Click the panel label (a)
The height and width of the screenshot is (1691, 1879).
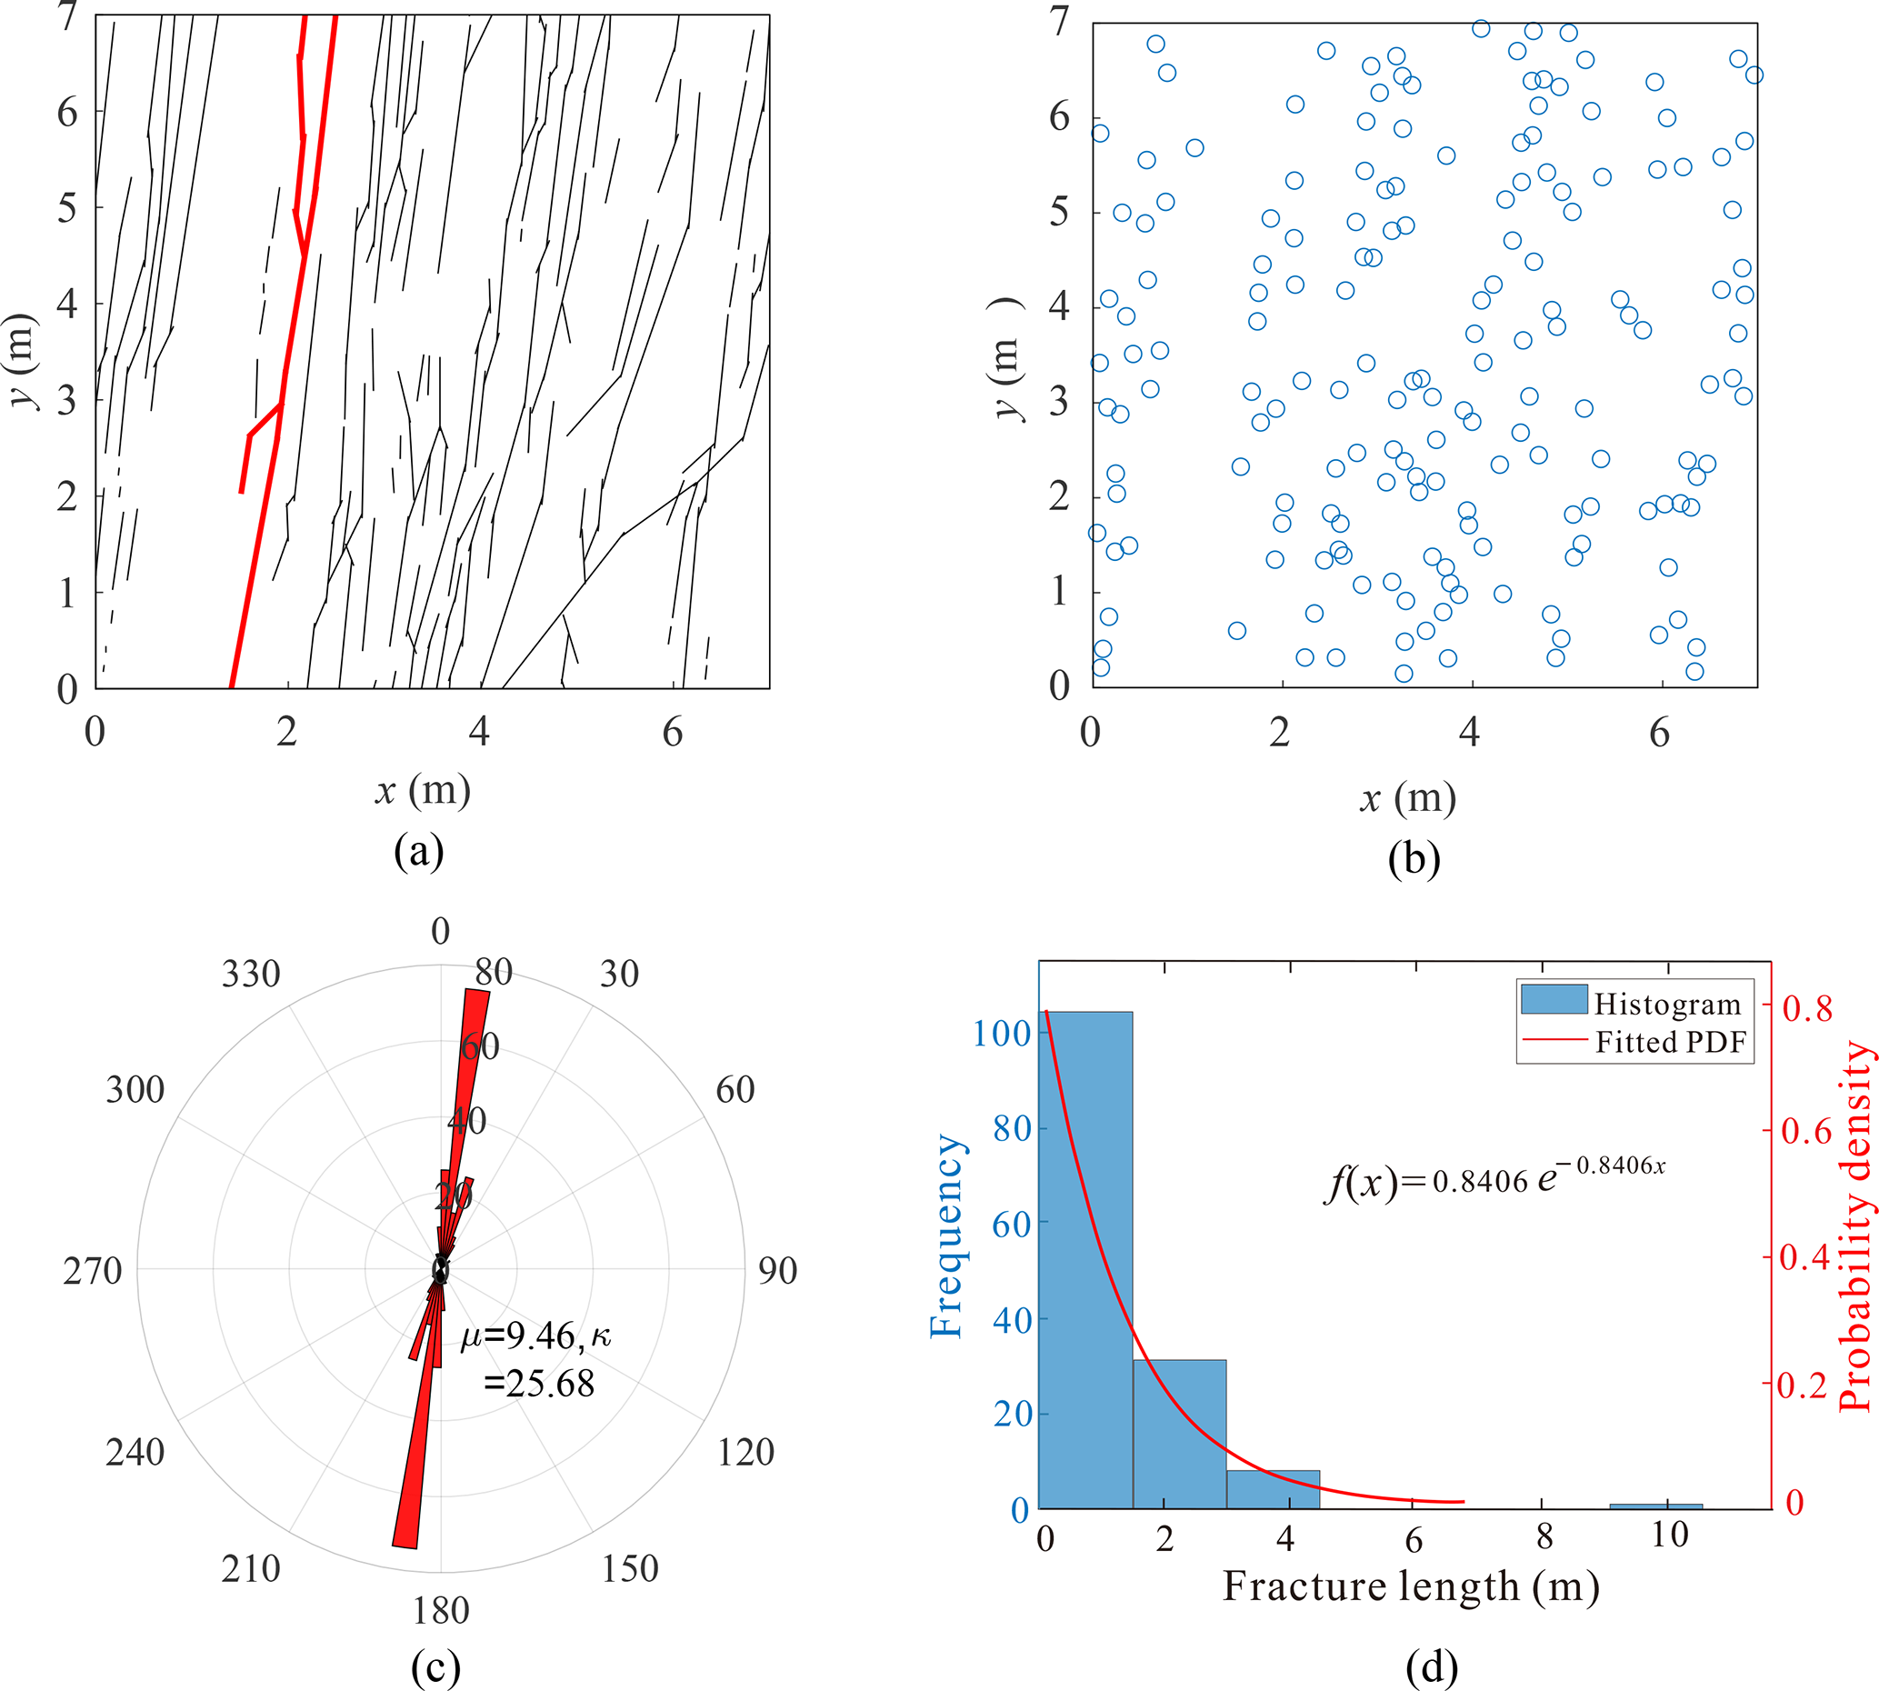[419, 851]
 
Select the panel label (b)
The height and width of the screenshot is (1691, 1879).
[1414, 858]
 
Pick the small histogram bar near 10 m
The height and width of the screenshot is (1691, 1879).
[1655, 1506]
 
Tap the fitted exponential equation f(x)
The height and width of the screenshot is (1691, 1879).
[1494, 1181]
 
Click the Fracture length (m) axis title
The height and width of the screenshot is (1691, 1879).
[1410, 1587]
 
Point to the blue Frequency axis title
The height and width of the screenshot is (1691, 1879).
[946, 1236]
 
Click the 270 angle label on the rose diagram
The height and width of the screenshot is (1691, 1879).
[92, 1270]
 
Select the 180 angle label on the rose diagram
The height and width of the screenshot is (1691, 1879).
[440, 1610]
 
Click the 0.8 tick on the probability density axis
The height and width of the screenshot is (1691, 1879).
[1806, 1008]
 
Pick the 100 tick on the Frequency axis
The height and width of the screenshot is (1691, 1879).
[1001, 1032]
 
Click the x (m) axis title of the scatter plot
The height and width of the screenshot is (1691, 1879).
[1407, 798]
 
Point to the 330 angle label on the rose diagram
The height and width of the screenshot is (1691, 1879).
[251, 974]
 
